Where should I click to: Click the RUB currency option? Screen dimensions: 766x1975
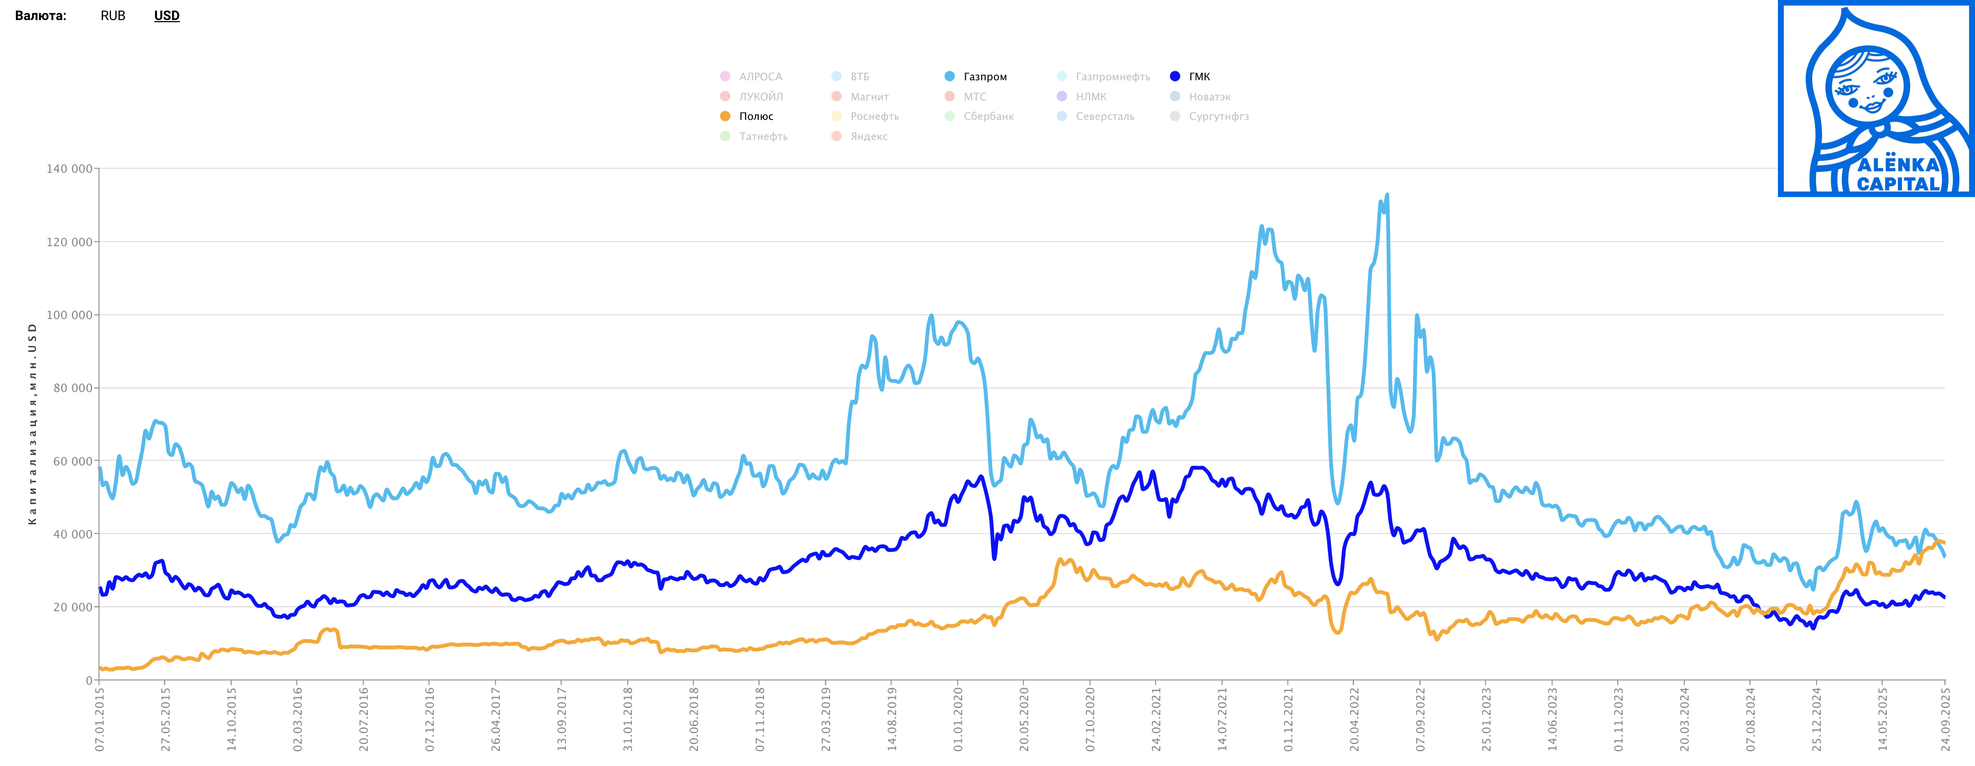click(113, 15)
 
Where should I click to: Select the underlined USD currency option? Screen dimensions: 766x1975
click(166, 15)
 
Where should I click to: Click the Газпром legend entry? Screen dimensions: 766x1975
click(984, 77)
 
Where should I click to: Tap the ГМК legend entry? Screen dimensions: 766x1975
click(1199, 77)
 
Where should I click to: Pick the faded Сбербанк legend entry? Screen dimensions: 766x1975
click(988, 117)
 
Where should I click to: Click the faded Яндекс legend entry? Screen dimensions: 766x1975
click(869, 136)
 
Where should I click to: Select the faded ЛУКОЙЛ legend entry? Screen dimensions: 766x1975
click(760, 97)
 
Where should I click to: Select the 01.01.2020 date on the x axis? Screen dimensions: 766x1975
click(957, 719)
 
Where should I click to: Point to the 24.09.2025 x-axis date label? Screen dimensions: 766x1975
click(1945, 719)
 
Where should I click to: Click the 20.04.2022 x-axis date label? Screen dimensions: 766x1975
click(1354, 719)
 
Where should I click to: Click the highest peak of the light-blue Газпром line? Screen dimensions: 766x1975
click(1387, 195)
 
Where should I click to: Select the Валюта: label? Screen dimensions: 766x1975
click(41, 15)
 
